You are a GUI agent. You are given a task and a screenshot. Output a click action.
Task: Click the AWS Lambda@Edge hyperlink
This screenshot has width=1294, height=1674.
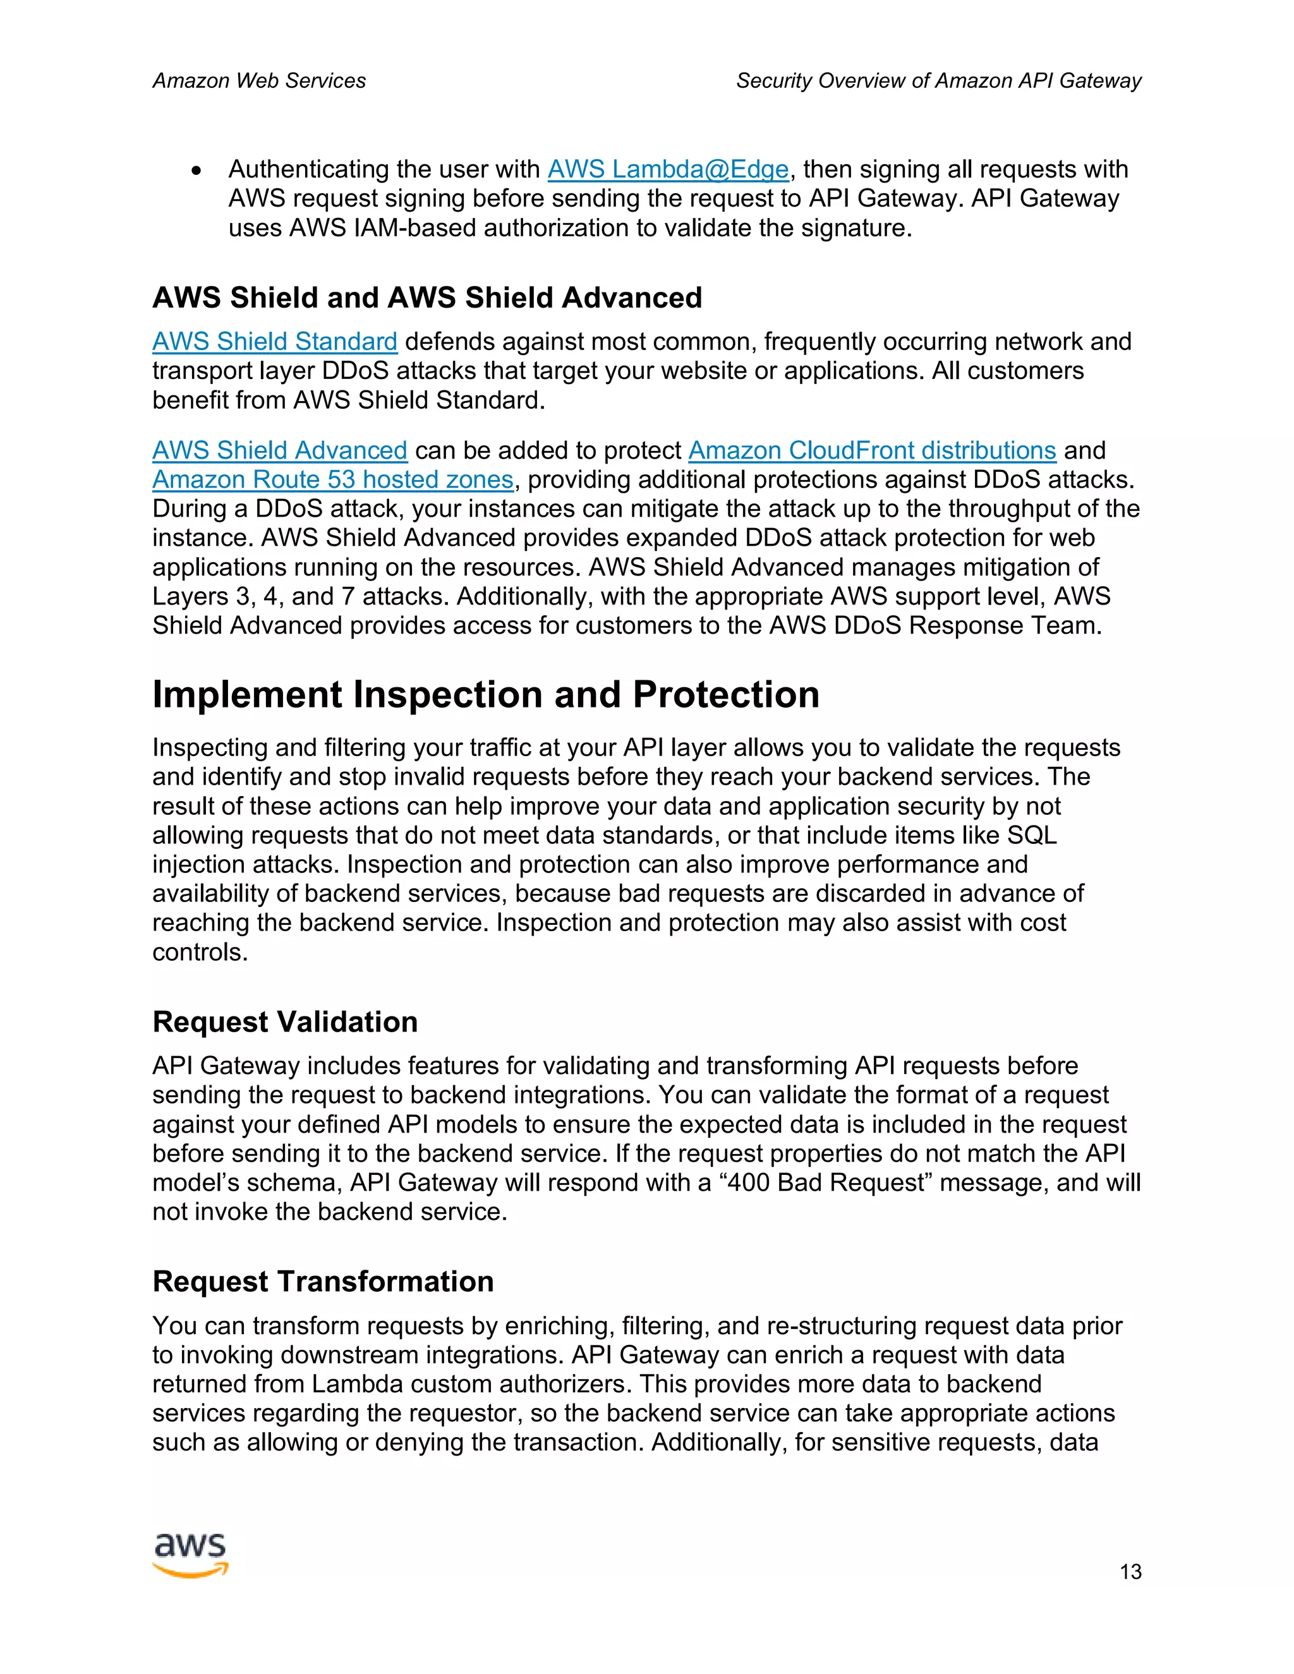click(x=668, y=169)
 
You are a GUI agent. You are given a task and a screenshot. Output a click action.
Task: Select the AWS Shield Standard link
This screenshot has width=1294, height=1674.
click(x=274, y=342)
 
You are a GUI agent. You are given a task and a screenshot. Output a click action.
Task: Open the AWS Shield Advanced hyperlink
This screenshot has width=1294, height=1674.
click(x=279, y=450)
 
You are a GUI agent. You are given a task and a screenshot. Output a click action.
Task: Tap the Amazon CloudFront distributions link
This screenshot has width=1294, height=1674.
click(x=871, y=450)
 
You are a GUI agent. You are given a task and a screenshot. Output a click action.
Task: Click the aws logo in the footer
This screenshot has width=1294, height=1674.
click(x=190, y=1555)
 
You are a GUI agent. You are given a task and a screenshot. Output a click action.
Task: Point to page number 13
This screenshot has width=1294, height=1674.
click(x=1130, y=1572)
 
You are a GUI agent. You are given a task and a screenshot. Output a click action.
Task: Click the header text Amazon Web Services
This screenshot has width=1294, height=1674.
click(x=259, y=80)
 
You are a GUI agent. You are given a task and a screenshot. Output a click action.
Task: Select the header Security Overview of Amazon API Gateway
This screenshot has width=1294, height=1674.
click(x=938, y=80)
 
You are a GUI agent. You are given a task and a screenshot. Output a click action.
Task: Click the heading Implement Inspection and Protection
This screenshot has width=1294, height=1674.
click(x=485, y=694)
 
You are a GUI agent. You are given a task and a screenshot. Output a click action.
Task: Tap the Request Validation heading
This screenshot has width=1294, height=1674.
click(x=284, y=1021)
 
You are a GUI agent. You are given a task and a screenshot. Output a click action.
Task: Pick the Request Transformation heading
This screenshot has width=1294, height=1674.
click(x=323, y=1282)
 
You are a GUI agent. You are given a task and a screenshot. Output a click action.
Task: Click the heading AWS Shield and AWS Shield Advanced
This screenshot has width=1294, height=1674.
click(x=427, y=298)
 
